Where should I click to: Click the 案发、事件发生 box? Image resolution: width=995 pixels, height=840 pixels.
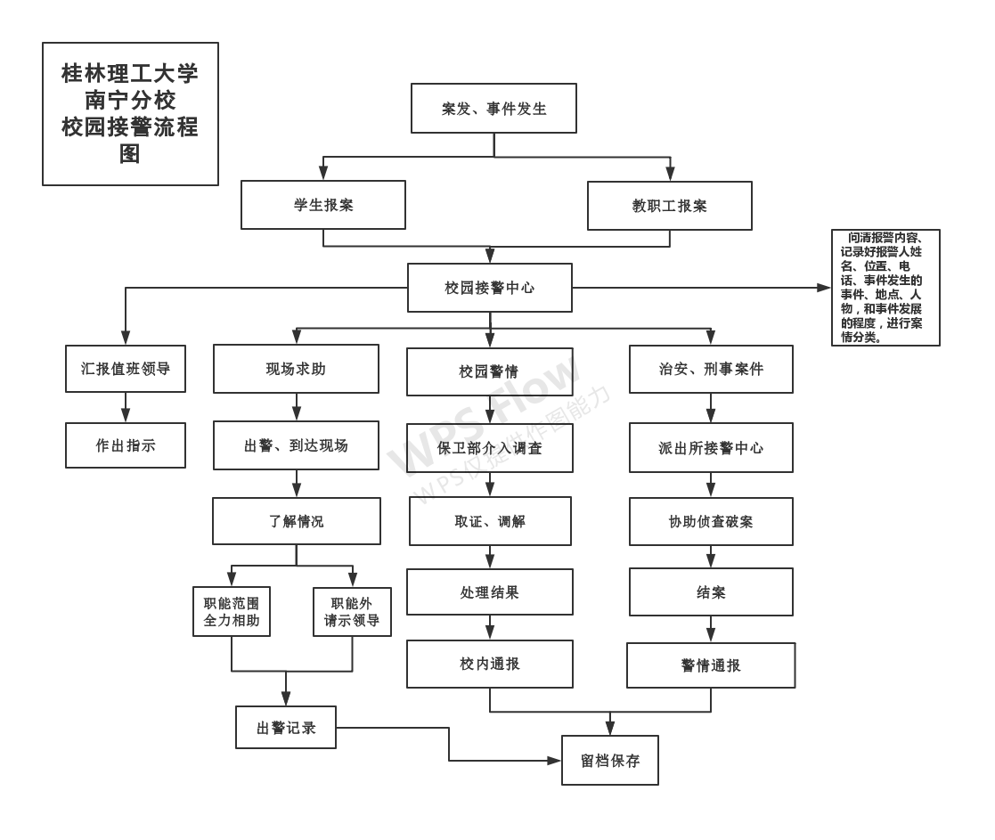[x=493, y=109]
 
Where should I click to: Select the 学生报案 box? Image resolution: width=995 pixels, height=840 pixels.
[x=323, y=205]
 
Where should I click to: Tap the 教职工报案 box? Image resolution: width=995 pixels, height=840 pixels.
[x=669, y=206]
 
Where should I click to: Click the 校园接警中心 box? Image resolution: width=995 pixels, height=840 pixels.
[x=490, y=288]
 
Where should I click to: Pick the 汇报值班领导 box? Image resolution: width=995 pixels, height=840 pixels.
[x=126, y=369]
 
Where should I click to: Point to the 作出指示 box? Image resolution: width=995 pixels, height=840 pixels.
[x=126, y=445]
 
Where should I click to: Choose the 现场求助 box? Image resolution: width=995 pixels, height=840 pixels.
[x=296, y=369]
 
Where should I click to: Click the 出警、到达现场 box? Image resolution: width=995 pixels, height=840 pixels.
[x=296, y=445]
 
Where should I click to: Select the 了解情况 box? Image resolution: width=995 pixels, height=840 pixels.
[x=296, y=521]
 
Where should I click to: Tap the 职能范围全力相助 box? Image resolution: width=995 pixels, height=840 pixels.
[x=232, y=611]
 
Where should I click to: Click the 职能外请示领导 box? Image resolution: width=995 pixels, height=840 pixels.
[x=352, y=611]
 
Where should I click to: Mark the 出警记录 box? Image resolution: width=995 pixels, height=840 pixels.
[x=286, y=727]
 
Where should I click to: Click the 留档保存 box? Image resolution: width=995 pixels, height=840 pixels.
[x=610, y=760]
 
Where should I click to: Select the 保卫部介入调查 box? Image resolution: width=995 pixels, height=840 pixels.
[x=490, y=448]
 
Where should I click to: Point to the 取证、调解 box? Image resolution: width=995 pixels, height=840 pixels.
[x=490, y=521]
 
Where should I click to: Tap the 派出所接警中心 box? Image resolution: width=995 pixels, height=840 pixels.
[x=711, y=448]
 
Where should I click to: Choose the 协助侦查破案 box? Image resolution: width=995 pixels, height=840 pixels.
[x=711, y=521]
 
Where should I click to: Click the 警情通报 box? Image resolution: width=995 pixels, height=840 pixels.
[x=711, y=665]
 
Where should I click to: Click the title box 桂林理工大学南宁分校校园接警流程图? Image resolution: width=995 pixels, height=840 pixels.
[x=130, y=114]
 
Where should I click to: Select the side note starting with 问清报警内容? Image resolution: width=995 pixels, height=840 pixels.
[x=885, y=288]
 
